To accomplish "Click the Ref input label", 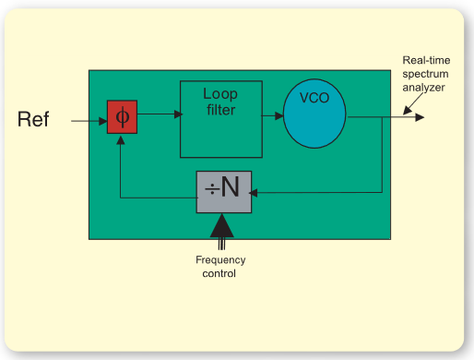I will point(33,119).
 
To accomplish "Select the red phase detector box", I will point(122,117).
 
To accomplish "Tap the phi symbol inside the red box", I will point(122,117).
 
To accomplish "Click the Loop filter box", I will point(220,119).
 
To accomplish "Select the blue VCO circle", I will point(314,116).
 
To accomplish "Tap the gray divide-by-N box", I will point(224,191).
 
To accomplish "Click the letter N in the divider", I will point(231,189).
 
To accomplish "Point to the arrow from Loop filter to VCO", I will point(273,116).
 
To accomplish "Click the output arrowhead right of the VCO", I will point(419,117).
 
